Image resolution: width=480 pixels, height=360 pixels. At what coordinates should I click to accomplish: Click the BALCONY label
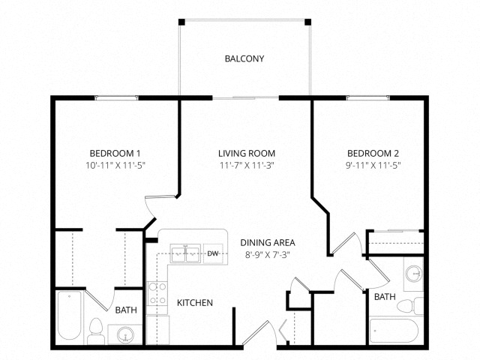pyautogui.click(x=244, y=58)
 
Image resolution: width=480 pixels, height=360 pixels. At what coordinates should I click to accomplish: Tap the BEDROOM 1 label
pyautogui.click(x=115, y=153)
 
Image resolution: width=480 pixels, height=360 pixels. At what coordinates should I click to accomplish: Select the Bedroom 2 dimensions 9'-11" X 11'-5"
pyautogui.click(x=373, y=166)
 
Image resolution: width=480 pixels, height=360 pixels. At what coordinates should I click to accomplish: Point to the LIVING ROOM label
pyautogui.click(x=247, y=153)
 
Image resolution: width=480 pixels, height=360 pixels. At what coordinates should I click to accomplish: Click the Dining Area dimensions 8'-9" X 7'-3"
pyautogui.click(x=268, y=255)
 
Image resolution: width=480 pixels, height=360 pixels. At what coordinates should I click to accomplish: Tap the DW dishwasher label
pyautogui.click(x=213, y=253)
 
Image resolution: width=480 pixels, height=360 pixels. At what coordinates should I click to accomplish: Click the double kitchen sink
pyautogui.click(x=185, y=253)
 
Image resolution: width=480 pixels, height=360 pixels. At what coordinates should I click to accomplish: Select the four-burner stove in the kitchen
pyautogui.click(x=157, y=294)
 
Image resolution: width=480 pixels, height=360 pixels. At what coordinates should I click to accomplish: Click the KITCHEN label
pyautogui.click(x=195, y=303)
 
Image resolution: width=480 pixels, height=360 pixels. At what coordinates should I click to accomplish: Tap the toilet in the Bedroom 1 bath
pyautogui.click(x=96, y=331)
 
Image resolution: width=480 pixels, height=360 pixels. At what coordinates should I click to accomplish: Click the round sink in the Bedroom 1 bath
pyautogui.click(x=125, y=334)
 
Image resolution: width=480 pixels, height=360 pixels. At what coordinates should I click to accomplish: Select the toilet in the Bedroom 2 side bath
pyautogui.click(x=410, y=306)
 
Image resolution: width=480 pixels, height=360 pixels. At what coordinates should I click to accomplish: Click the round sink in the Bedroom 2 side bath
pyautogui.click(x=414, y=274)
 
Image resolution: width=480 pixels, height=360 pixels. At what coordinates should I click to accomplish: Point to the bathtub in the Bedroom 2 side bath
pyautogui.click(x=394, y=331)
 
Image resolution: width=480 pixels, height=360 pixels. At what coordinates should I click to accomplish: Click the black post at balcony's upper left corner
pyautogui.click(x=181, y=22)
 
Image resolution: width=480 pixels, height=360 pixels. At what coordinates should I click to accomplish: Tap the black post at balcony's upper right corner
pyautogui.click(x=308, y=22)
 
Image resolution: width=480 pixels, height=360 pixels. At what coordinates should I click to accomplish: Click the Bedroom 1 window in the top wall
pyautogui.click(x=116, y=98)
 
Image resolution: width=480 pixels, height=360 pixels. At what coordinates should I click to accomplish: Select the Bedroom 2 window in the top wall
pyautogui.click(x=368, y=98)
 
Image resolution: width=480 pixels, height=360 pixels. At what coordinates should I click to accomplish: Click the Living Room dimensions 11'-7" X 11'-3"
pyautogui.click(x=247, y=166)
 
